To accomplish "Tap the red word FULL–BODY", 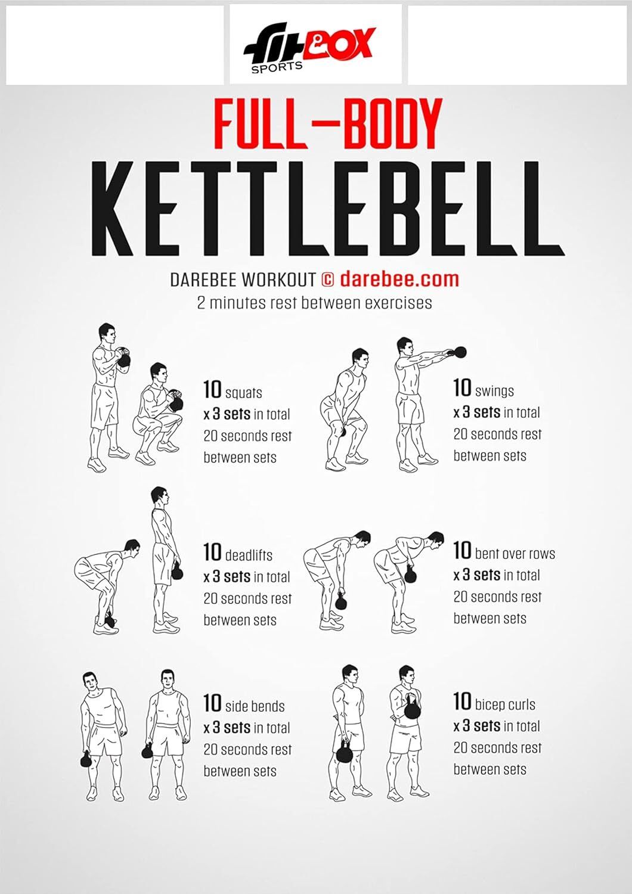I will [x=327, y=125].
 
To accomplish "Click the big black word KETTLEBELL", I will [x=327, y=208].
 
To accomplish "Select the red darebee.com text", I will [x=399, y=279].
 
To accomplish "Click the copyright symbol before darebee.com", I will [x=327, y=280].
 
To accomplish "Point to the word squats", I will [x=243, y=393].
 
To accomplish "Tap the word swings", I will [x=494, y=391].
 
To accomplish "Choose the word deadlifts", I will [x=249, y=555].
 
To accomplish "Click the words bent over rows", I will [x=515, y=554].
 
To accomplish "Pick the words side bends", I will [x=255, y=706].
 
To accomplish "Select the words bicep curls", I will [x=505, y=704].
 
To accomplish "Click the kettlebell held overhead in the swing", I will [x=460, y=352].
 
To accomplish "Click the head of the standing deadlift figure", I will [x=159, y=496].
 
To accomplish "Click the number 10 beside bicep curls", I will [x=462, y=701].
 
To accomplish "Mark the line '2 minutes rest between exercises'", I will [x=314, y=303].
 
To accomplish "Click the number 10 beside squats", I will [x=212, y=390].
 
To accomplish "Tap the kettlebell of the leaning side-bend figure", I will [x=86, y=759].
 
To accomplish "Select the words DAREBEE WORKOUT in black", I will [x=243, y=280].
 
